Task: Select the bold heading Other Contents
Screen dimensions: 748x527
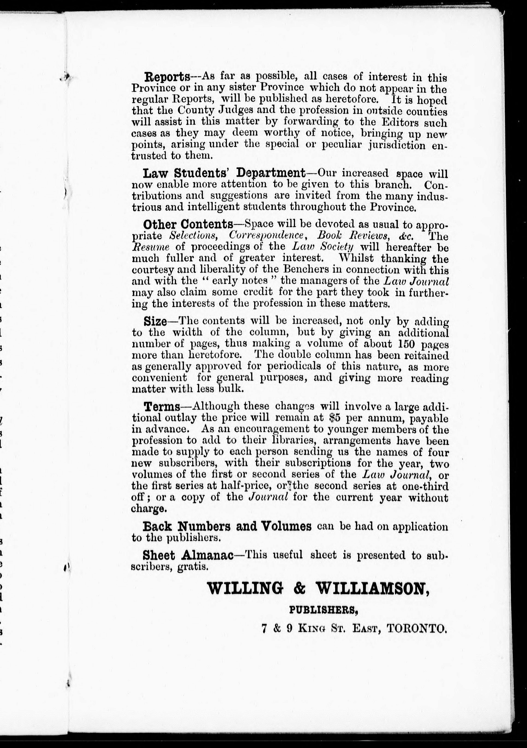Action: pos(188,224)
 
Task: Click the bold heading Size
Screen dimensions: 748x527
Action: pos(155,321)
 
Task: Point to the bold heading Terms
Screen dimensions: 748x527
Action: pos(162,406)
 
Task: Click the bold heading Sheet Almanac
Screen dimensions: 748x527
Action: pos(188,555)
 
